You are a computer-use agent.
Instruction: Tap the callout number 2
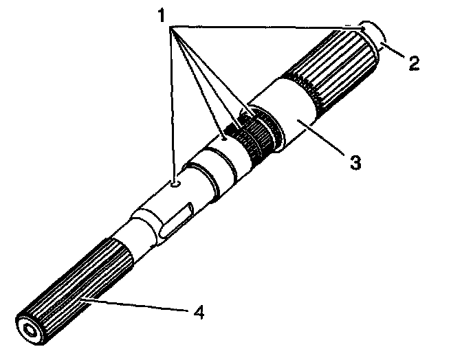(x=413, y=65)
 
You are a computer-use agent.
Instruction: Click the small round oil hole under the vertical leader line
(x=175, y=183)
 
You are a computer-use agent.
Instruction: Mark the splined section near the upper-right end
(x=337, y=69)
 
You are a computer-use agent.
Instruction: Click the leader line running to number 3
(x=323, y=140)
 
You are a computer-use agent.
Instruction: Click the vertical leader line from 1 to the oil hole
(x=171, y=103)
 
